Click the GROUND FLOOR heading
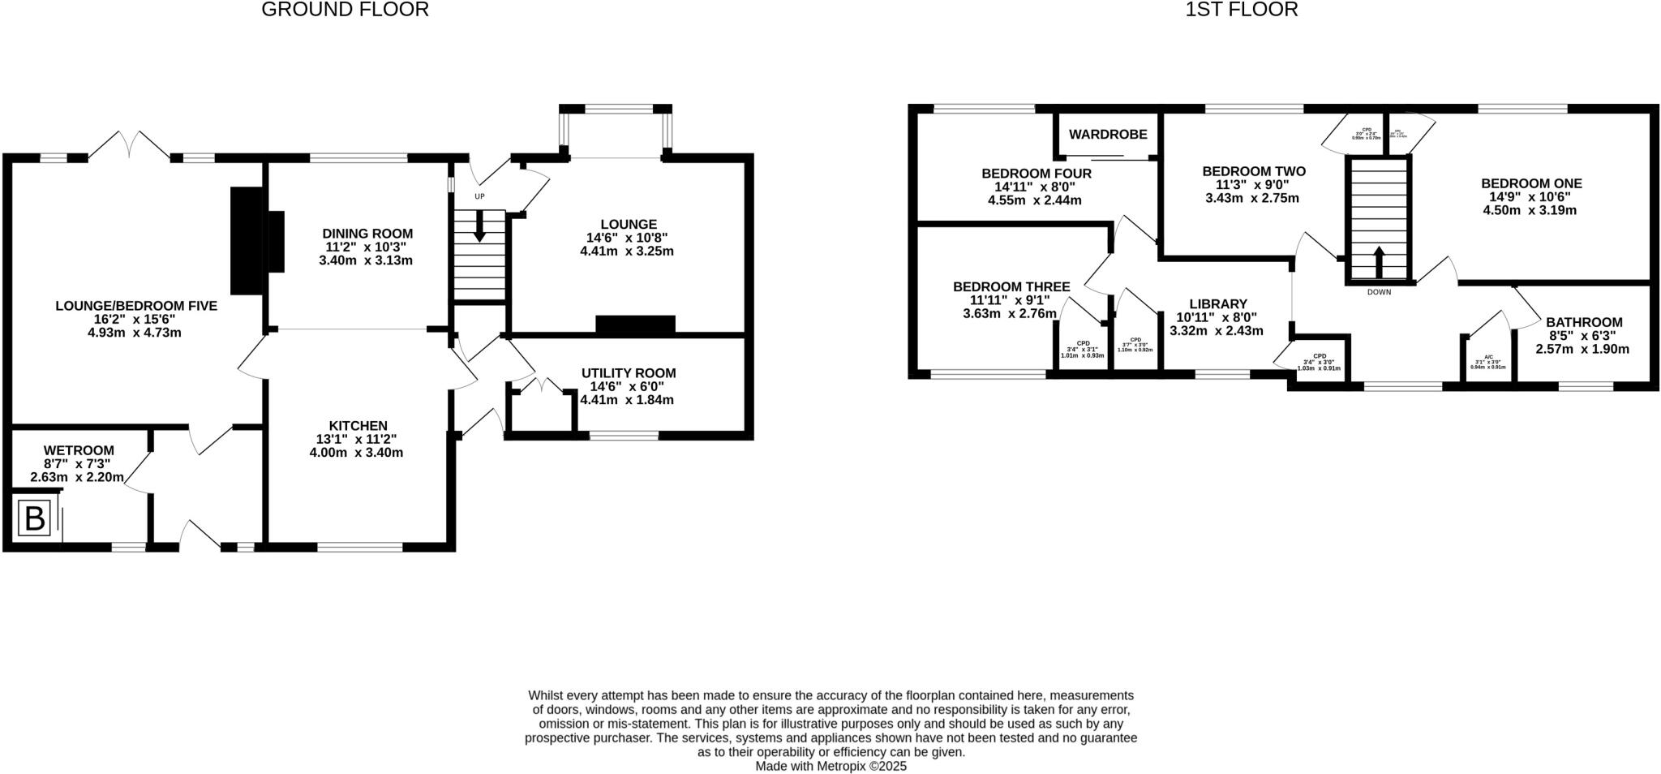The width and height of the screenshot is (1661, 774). [345, 10]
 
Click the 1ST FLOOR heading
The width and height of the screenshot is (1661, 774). [1241, 10]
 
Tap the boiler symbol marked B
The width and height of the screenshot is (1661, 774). [35, 518]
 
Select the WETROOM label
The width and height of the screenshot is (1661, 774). [79, 450]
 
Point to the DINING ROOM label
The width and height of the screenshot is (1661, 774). [367, 234]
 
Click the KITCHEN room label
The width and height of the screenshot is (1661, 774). [358, 426]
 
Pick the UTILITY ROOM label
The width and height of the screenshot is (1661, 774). [628, 373]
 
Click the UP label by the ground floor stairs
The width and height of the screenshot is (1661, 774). [479, 196]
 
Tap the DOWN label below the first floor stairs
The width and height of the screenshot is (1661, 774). [1379, 292]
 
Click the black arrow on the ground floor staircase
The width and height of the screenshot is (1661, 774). [479, 226]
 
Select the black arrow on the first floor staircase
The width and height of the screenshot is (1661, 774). [1379, 261]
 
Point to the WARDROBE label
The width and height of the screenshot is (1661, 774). [1107, 134]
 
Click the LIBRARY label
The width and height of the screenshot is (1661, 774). [1217, 304]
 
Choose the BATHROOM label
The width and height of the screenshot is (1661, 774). [1584, 322]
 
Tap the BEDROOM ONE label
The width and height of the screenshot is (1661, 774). [1531, 183]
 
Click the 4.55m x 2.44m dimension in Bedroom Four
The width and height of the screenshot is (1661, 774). [1034, 200]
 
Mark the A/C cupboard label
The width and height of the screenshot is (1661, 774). [1488, 357]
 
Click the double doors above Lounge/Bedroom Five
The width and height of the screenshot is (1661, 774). [129, 144]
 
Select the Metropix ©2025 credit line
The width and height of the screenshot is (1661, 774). [830, 766]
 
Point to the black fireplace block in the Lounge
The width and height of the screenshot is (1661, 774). [635, 325]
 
